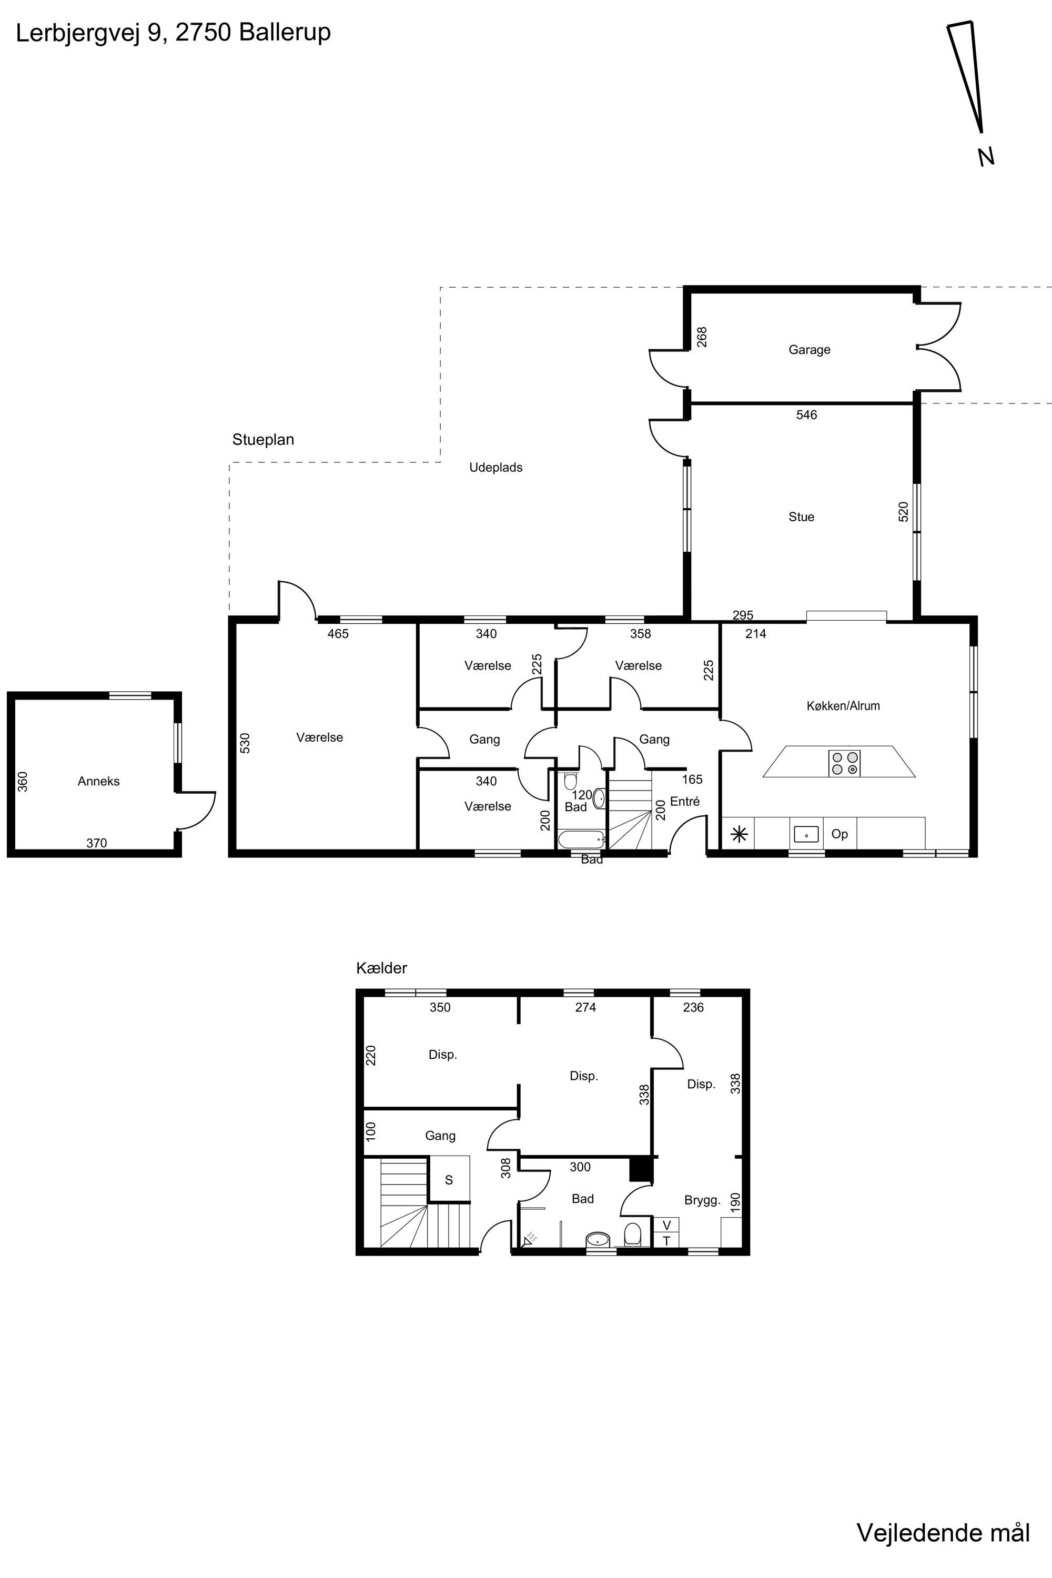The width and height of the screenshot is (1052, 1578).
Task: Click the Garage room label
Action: pyautogui.click(x=809, y=350)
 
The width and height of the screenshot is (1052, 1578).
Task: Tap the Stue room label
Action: pyautogui.click(x=801, y=517)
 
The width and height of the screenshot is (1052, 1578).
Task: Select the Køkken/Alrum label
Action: pyautogui.click(x=843, y=706)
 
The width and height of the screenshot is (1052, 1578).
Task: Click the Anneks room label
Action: pyautogui.click(x=99, y=781)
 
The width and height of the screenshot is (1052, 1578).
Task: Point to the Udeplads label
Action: pyautogui.click(x=496, y=468)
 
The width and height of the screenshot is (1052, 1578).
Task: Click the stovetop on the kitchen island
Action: pyautogui.click(x=845, y=763)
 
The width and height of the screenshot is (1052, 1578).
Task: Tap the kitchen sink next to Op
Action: pyautogui.click(x=806, y=834)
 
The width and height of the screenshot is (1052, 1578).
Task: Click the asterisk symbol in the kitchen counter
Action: pyautogui.click(x=739, y=835)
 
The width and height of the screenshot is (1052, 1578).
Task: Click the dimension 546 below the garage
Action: pyautogui.click(x=806, y=414)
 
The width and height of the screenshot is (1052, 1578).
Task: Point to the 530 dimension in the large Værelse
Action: pyautogui.click(x=245, y=743)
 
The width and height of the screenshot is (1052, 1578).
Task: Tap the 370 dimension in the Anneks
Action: pyautogui.click(x=97, y=843)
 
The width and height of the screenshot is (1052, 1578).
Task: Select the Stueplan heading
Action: pyautogui.click(x=263, y=439)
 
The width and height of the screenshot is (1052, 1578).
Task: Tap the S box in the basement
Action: pyautogui.click(x=449, y=1180)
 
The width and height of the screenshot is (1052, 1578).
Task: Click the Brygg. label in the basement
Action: pyautogui.click(x=702, y=1201)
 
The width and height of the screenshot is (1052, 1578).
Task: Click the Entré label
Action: pyautogui.click(x=685, y=801)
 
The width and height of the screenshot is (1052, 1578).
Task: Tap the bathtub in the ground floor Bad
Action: pyautogui.click(x=582, y=839)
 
